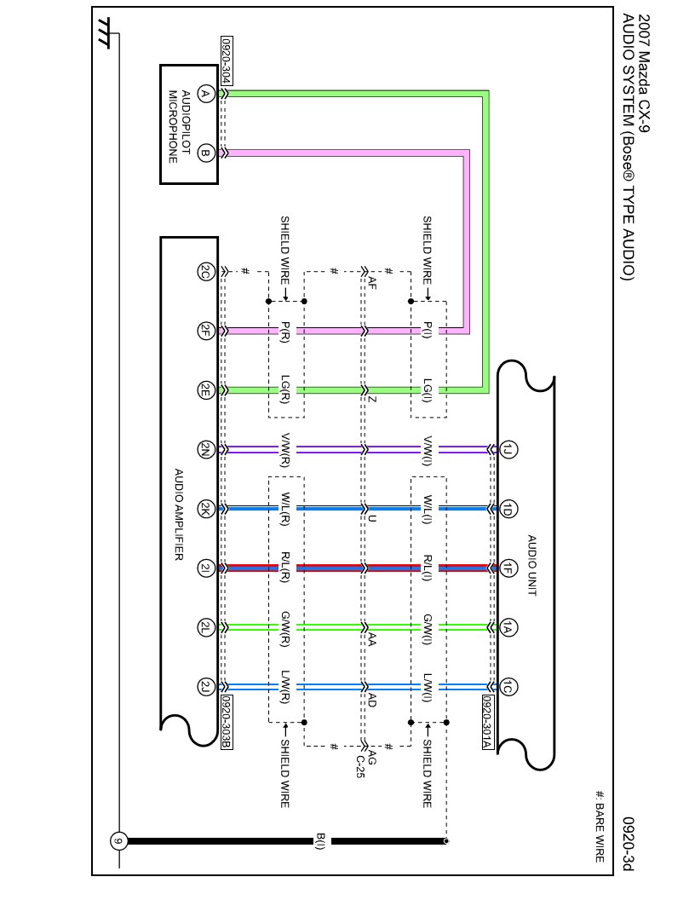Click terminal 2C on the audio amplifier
(204, 272)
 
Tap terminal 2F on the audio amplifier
(204, 332)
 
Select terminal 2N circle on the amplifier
(204, 450)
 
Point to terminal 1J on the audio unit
(508, 450)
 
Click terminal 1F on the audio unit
(508, 568)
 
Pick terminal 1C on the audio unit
(508, 687)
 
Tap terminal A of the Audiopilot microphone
(204, 93)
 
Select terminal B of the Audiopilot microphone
(204, 153)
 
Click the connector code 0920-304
(227, 60)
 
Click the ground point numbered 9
(119, 841)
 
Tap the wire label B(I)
(320, 841)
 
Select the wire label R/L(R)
(285, 568)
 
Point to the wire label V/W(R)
(285, 450)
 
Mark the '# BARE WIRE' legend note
(599, 827)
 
